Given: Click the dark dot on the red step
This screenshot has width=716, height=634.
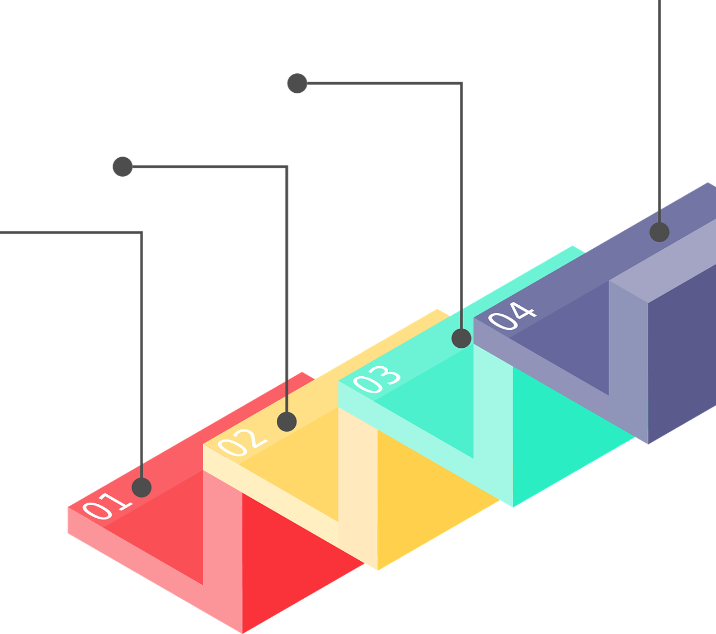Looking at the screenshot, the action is [142, 487].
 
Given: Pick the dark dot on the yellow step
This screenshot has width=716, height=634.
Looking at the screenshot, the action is [287, 422].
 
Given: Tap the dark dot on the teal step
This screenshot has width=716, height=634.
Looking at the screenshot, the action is [461, 338].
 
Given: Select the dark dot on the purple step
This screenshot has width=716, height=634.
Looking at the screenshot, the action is [660, 232].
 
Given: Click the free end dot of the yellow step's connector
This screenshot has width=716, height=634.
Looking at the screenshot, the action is [123, 167].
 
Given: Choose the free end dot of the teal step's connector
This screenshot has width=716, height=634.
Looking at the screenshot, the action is [297, 83].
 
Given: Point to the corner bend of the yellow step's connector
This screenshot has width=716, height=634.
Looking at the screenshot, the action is [287, 167].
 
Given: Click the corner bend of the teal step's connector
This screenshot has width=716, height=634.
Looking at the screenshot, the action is [461, 84].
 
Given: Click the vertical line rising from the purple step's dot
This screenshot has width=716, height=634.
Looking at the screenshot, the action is [660, 112].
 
